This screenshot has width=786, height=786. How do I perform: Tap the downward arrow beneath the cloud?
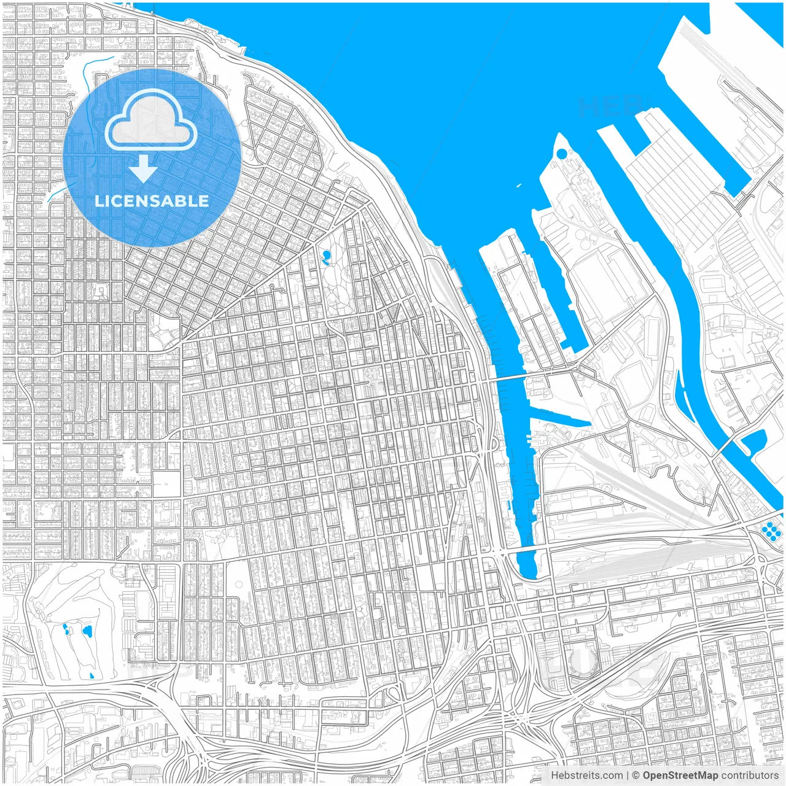[144, 168]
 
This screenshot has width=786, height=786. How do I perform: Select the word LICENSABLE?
[152, 201]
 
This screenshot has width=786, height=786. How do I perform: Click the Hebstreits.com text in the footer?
[586, 776]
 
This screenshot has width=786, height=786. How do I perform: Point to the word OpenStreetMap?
[680, 776]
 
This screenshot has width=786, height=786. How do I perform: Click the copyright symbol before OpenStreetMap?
[636, 776]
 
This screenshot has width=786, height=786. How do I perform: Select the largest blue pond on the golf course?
[87, 631]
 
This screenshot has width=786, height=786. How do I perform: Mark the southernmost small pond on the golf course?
[91, 675]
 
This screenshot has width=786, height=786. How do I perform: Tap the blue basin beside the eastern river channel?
[753, 440]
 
